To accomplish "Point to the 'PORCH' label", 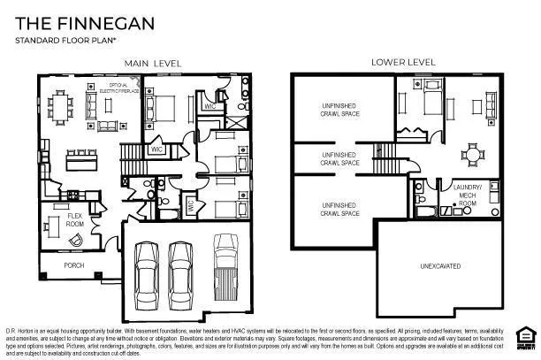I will coord(74,264).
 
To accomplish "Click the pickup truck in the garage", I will coord(226,265).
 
